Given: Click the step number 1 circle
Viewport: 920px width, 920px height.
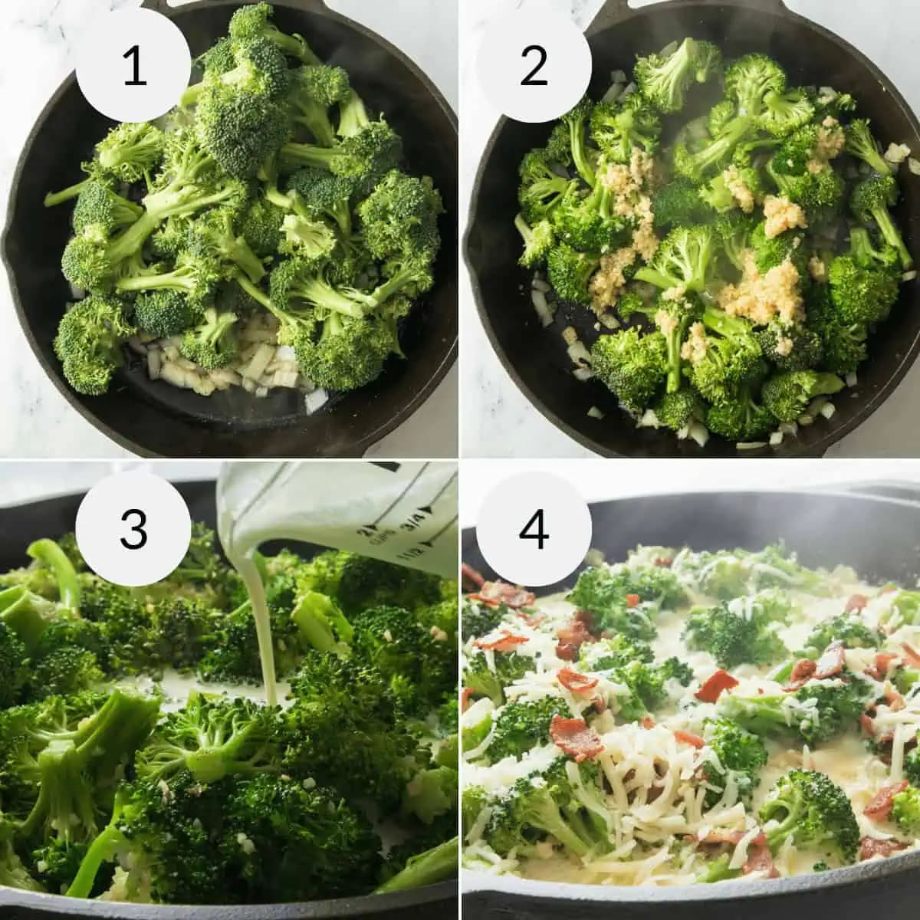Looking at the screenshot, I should [133, 65].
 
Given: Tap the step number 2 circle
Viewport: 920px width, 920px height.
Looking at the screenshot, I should [534, 65].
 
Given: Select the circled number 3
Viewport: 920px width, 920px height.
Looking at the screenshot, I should [133, 529].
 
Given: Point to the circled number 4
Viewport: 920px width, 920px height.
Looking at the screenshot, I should [534, 529].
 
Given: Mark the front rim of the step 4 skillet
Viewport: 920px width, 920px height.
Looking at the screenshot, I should [690, 901].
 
